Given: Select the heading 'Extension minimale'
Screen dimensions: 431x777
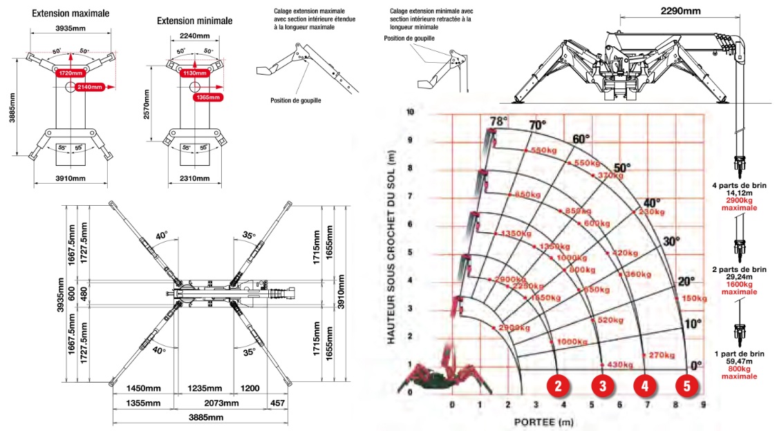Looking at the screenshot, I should click(x=195, y=21).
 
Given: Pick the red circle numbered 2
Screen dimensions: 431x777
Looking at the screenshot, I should click(x=559, y=385).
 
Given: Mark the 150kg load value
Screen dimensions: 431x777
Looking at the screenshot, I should click(x=694, y=298).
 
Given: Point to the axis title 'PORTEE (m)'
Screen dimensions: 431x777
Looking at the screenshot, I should click(x=543, y=421).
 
